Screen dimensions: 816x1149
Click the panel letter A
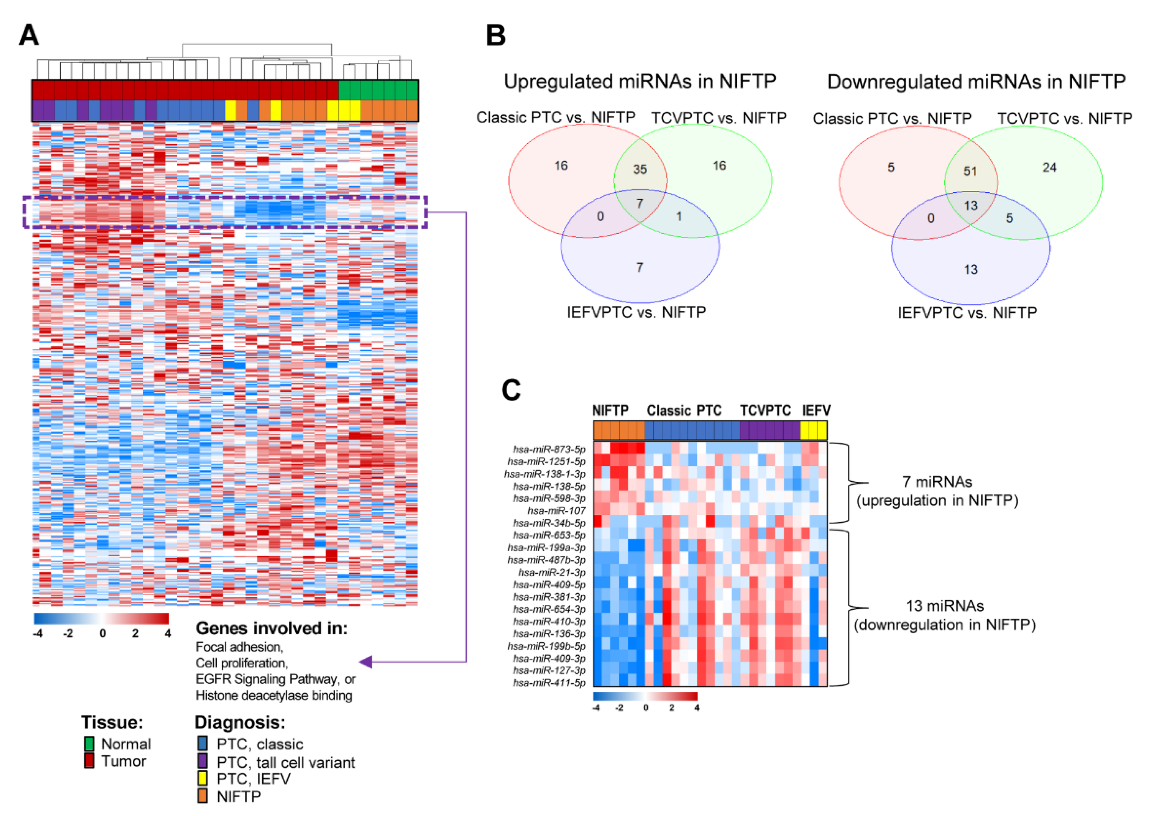[29, 35]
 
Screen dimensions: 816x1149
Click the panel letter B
[496, 35]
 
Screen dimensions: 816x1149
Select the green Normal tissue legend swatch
[90, 744]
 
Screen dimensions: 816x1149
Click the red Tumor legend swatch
[90, 761]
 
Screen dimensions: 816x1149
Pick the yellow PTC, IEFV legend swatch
[203, 779]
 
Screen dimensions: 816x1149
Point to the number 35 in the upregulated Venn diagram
[640, 169]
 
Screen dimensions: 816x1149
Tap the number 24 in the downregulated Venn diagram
[1050, 167]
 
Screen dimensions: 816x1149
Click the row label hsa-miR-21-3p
[552, 572]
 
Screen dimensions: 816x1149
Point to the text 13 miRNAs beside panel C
[945, 606]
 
